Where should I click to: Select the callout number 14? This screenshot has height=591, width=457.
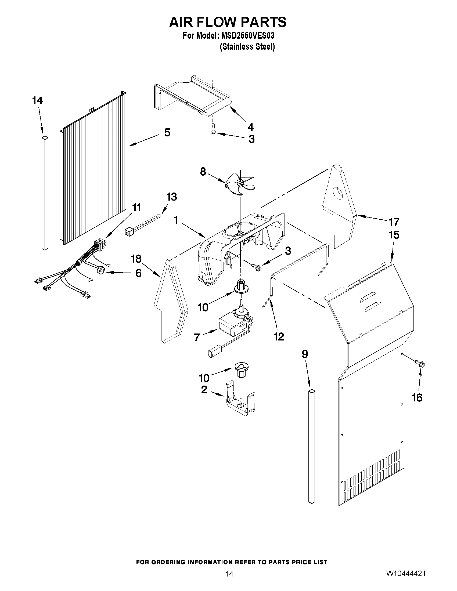[x=37, y=101]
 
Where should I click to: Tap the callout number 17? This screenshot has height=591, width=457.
[x=394, y=222]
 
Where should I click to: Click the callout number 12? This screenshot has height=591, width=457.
[x=279, y=336]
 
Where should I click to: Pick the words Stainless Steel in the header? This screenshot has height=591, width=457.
[x=247, y=47]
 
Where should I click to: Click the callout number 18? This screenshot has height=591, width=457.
[x=136, y=259]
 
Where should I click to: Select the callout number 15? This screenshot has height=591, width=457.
[x=394, y=235]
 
